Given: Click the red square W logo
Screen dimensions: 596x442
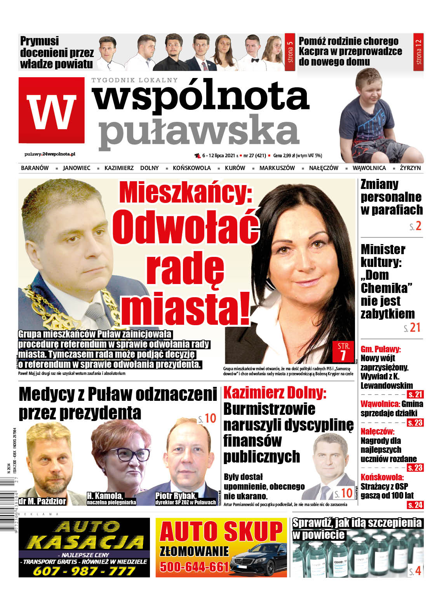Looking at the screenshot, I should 51,110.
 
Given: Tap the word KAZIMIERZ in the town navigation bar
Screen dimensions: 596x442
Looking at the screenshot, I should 119,168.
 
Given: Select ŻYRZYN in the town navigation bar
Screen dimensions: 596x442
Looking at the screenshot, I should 410,168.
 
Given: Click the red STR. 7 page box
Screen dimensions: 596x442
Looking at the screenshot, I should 343,352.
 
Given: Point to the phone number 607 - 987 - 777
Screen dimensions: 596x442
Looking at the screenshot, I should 84,571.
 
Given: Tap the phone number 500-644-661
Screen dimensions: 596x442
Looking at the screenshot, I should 194,567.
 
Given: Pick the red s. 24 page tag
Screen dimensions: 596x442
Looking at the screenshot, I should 415,505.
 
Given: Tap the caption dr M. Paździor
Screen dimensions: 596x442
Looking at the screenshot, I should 42,501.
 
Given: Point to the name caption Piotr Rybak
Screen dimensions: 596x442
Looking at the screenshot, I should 176,496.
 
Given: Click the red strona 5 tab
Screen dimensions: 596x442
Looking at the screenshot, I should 290,52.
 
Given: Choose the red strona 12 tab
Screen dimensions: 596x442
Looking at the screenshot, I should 418,52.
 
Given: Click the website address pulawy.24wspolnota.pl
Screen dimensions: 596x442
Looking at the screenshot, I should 50,154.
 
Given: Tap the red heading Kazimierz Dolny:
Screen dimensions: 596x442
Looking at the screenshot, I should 275,393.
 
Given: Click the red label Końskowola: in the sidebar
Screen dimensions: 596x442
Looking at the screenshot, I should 382,477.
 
